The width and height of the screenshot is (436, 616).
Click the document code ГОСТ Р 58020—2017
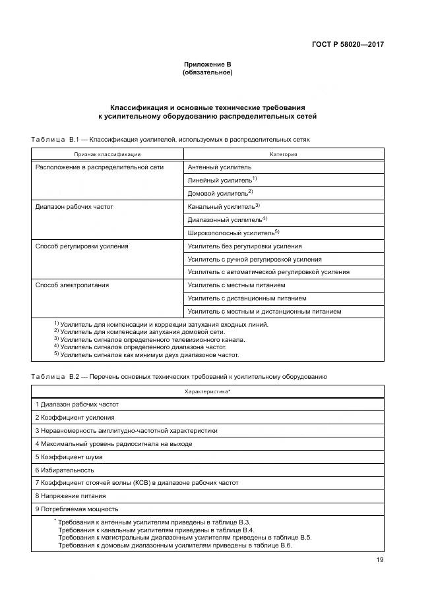(348, 45)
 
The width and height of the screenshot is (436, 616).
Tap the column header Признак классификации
(107, 154)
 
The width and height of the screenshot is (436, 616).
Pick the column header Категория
(284, 154)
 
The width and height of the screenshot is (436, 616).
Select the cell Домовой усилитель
(218, 193)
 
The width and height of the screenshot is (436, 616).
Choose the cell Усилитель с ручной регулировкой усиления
(255, 259)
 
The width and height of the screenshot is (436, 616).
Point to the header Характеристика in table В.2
(207, 391)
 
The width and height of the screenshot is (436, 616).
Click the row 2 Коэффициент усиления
(75, 417)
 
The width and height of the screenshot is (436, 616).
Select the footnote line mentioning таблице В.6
(175, 546)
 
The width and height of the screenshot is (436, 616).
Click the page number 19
(379, 561)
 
